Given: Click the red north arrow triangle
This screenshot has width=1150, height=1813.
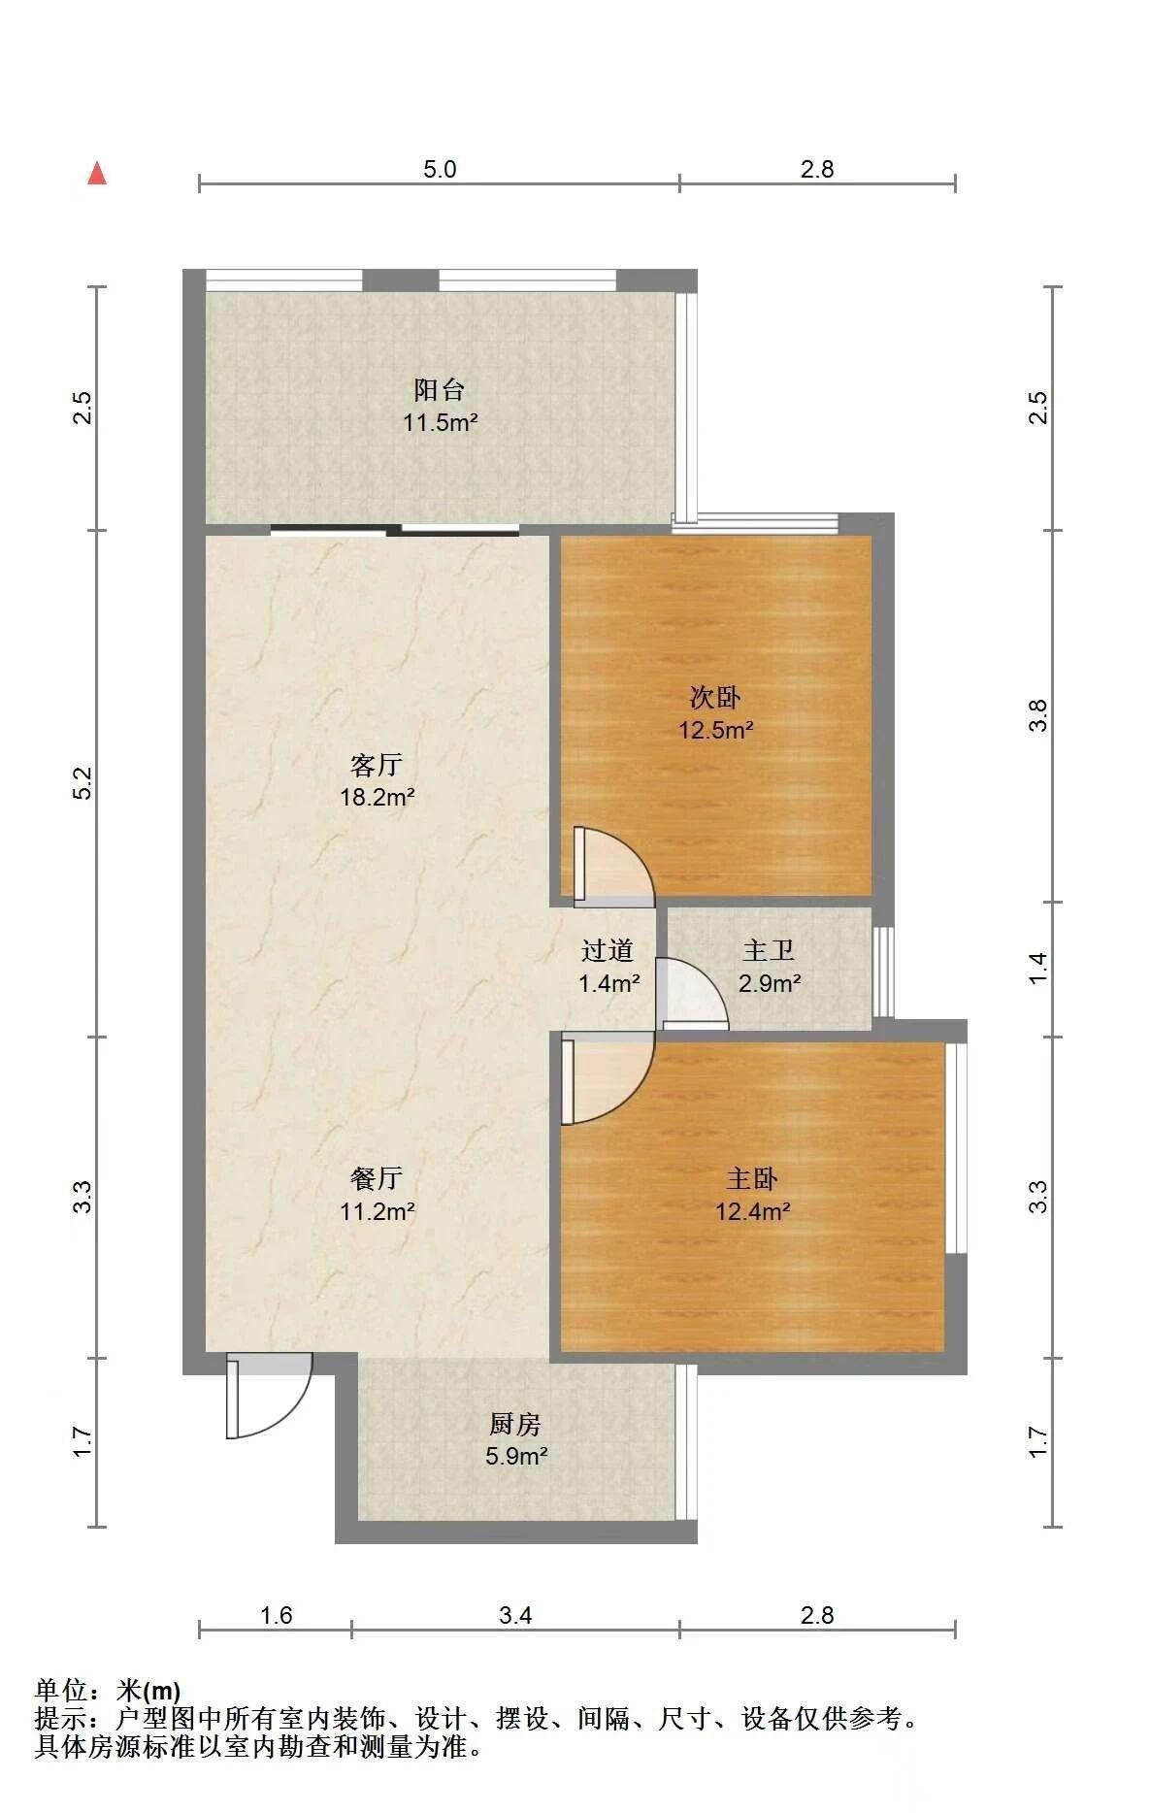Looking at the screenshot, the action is click(97, 174).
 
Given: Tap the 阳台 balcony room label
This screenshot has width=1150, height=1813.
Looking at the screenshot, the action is click(440, 390).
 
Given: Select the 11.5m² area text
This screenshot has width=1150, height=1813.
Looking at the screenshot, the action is click(441, 422).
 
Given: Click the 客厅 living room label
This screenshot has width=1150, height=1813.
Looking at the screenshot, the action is click(377, 765).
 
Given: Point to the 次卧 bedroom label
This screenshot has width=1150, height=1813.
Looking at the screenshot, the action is click(715, 697).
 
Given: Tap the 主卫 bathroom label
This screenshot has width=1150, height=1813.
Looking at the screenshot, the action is click(769, 950).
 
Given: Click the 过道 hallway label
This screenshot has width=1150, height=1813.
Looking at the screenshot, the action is click(608, 950).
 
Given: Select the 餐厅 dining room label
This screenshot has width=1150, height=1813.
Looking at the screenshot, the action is click(377, 1178).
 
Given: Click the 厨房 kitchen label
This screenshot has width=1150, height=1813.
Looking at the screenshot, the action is click(515, 1424).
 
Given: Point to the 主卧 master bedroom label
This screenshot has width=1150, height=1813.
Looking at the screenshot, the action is click(752, 1178).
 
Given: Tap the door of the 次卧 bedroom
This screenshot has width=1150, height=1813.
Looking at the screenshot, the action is click(613, 864).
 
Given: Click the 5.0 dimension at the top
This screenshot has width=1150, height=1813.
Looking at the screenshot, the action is click(440, 169).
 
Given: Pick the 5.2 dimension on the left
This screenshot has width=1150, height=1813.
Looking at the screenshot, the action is click(83, 782).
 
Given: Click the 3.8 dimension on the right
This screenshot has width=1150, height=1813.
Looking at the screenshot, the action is click(1038, 715).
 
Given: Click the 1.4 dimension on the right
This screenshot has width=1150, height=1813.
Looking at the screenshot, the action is click(1038, 968).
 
